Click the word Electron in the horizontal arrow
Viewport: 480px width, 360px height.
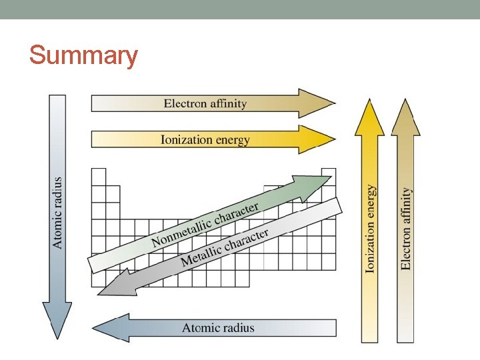coord(185,103)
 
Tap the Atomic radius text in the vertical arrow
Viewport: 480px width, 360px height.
coord(58,213)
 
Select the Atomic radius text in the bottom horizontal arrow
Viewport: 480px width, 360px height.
coord(218,328)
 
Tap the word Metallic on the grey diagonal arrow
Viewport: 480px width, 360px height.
coord(201,253)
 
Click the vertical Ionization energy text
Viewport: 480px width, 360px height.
coord(370,229)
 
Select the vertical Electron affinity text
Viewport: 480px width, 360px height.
coord(405,229)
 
